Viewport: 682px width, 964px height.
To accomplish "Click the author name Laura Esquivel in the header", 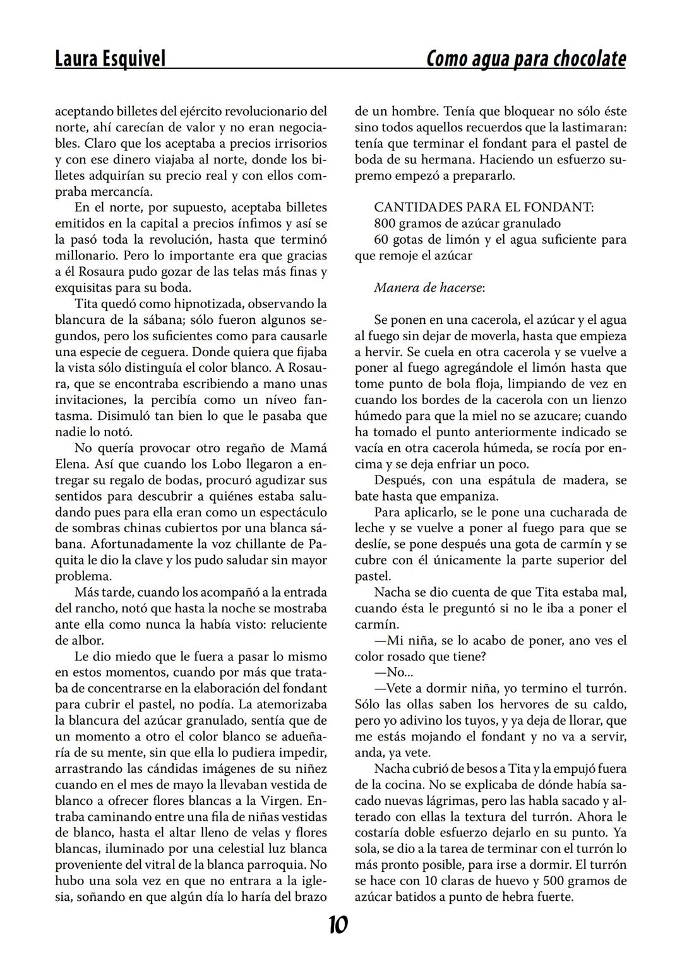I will point(111,59).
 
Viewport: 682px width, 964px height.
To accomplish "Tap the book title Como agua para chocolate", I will point(526,59).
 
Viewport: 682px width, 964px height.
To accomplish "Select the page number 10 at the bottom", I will point(338,925).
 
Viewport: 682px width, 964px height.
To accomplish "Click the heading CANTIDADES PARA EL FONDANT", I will point(484,207).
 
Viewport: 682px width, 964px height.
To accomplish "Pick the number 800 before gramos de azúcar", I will point(385,223).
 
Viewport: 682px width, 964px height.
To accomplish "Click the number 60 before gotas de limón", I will point(381,239).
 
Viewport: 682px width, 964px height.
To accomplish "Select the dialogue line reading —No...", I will point(389,672).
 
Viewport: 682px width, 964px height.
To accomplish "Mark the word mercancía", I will point(122,191).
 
